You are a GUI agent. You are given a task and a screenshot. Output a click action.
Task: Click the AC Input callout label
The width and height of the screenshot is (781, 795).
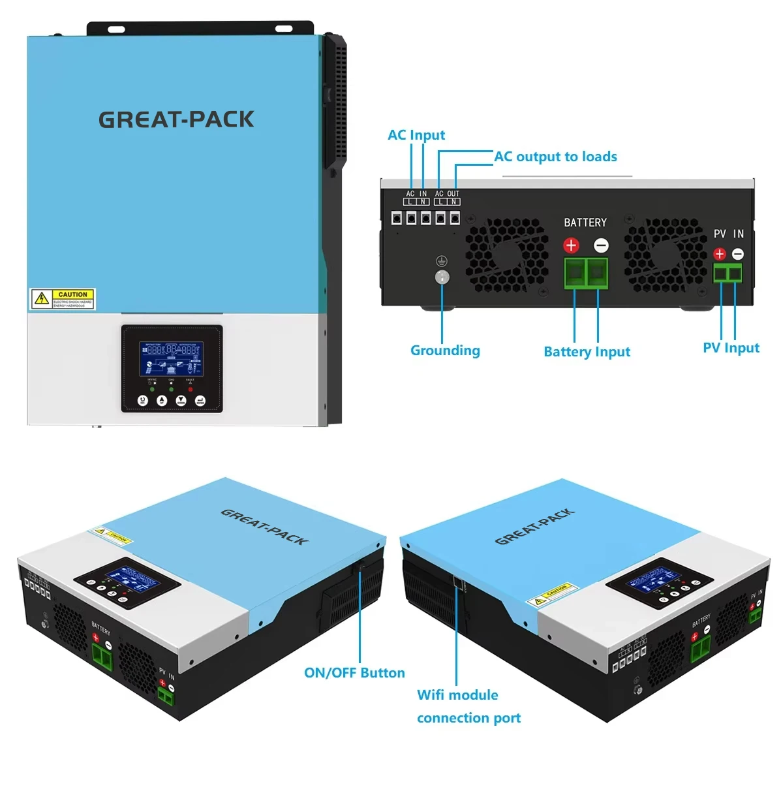[416, 135]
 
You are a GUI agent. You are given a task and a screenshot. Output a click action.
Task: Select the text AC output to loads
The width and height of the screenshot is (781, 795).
[555, 157]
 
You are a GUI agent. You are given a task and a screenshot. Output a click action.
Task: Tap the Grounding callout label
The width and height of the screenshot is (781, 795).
[445, 351]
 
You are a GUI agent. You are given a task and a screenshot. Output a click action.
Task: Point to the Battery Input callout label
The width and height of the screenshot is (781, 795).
[587, 352]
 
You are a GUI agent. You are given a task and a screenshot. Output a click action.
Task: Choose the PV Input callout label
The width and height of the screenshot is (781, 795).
[731, 348]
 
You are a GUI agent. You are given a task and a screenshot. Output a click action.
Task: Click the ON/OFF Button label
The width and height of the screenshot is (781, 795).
[354, 673]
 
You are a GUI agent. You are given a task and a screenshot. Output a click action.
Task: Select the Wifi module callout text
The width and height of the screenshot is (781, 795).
[457, 695]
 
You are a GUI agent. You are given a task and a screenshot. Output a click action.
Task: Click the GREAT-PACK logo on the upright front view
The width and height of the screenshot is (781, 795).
[176, 119]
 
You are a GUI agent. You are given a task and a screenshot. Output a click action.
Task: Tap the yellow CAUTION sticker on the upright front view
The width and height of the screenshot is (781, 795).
[63, 299]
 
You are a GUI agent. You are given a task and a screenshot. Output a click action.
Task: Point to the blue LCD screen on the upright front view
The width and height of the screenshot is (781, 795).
[171, 358]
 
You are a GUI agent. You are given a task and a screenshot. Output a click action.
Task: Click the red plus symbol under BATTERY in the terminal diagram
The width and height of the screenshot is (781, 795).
[571, 245]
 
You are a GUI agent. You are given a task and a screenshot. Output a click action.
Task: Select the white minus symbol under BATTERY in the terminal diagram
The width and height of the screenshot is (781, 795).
[601, 245]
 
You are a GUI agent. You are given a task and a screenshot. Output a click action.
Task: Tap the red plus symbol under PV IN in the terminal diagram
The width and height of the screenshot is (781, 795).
[719, 254]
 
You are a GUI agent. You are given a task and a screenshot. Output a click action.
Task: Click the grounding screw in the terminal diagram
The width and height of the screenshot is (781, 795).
[442, 277]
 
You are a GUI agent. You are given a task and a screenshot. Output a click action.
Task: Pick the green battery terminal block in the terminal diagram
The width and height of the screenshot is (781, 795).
[586, 273]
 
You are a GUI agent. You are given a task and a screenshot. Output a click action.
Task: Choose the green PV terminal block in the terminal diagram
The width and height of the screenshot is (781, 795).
[727, 273]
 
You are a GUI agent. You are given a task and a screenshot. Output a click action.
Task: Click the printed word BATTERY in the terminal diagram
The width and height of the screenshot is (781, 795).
[585, 223]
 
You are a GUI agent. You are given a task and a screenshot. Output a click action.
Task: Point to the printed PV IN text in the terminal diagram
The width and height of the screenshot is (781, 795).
[728, 234]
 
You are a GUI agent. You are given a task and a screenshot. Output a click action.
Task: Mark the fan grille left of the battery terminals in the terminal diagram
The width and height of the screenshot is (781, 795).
[506, 255]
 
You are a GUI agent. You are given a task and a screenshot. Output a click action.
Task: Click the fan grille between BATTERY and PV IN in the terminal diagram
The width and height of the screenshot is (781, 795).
[664, 255]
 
